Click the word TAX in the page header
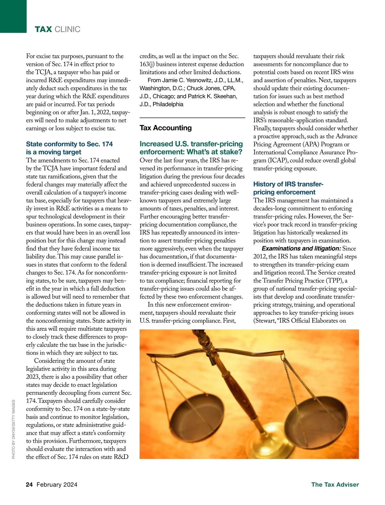(x=43, y=29)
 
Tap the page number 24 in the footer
(x=29, y=484)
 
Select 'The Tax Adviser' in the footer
(x=335, y=484)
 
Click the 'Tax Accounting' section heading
(x=166, y=128)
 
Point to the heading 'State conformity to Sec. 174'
(x=69, y=144)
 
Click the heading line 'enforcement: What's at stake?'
(x=191, y=152)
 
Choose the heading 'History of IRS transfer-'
(x=288, y=184)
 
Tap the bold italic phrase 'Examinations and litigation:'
(x=301, y=248)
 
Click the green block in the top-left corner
(x=13, y=16)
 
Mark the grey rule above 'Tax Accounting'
(x=192, y=118)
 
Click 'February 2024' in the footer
(x=57, y=484)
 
